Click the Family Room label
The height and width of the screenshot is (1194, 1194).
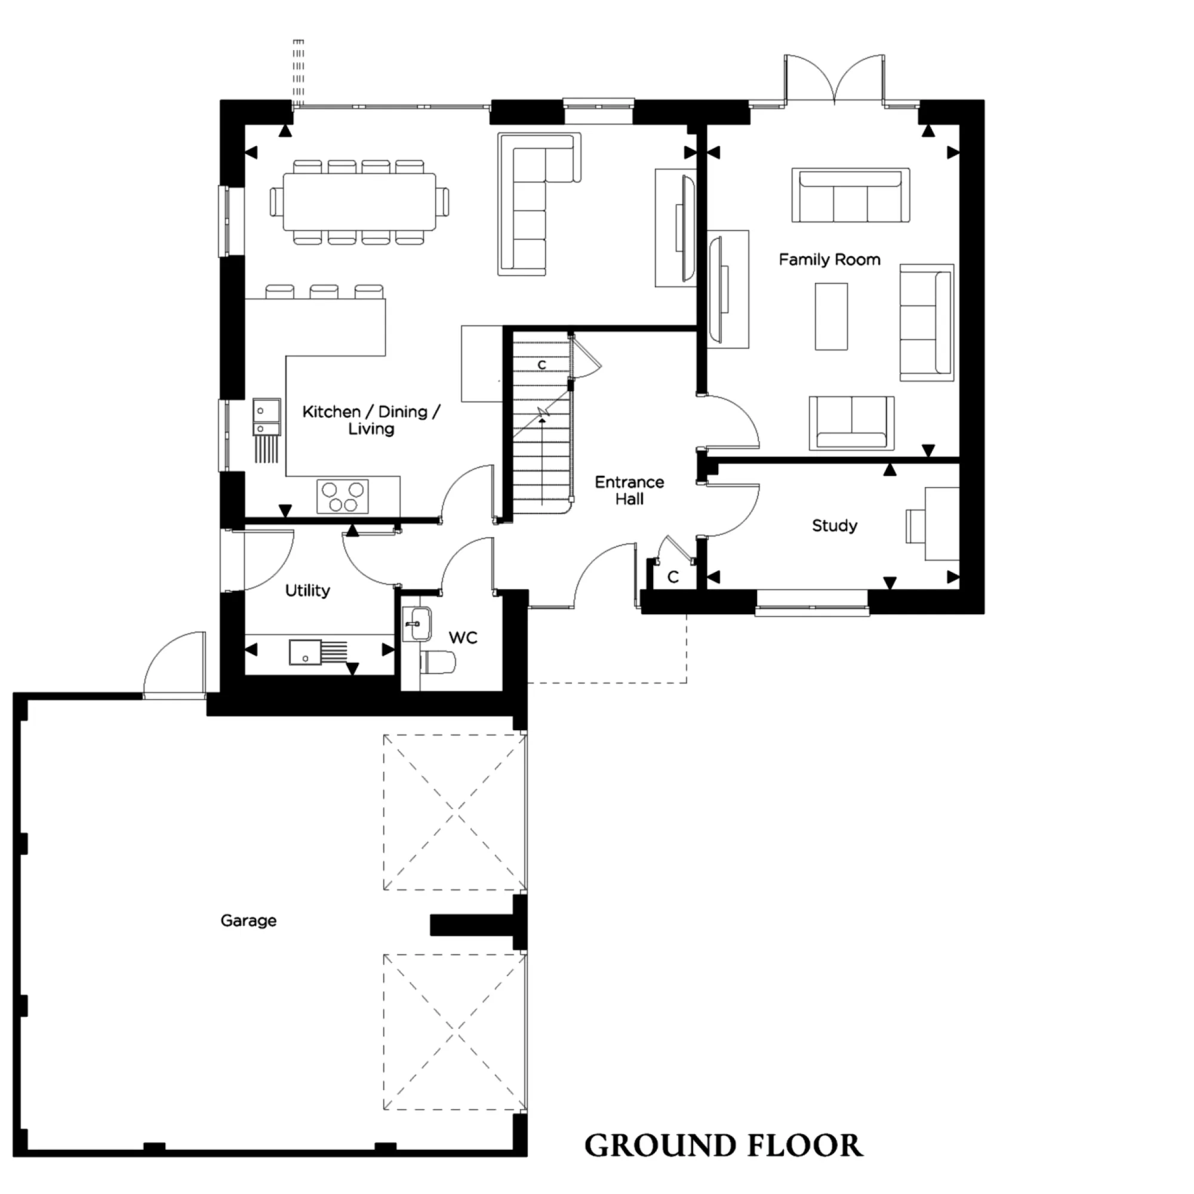click(x=829, y=260)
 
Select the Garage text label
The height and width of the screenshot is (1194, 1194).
click(x=248, y=920)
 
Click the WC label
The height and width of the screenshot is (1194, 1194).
click(x=463, y=637)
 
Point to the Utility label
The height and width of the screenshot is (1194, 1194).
click(x=307, y=590)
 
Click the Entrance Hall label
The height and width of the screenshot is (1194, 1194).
click(x=629, y=490)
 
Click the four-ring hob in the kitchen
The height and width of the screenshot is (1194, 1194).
click(x=342, y=496)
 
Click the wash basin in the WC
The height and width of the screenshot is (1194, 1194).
click(x=417, y=624)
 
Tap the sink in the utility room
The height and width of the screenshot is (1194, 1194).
click(x=304, y=652)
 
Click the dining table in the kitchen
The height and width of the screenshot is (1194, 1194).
click(x=359, y=201)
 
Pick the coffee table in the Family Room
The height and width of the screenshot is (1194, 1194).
click(x=830, y=316)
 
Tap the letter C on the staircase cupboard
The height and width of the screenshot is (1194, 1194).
click(x=542, y=365)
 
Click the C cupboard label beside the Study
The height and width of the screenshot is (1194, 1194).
click(x=673, y=577)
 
